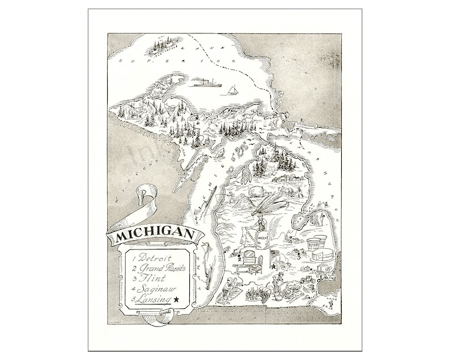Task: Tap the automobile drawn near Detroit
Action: [309, 278]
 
